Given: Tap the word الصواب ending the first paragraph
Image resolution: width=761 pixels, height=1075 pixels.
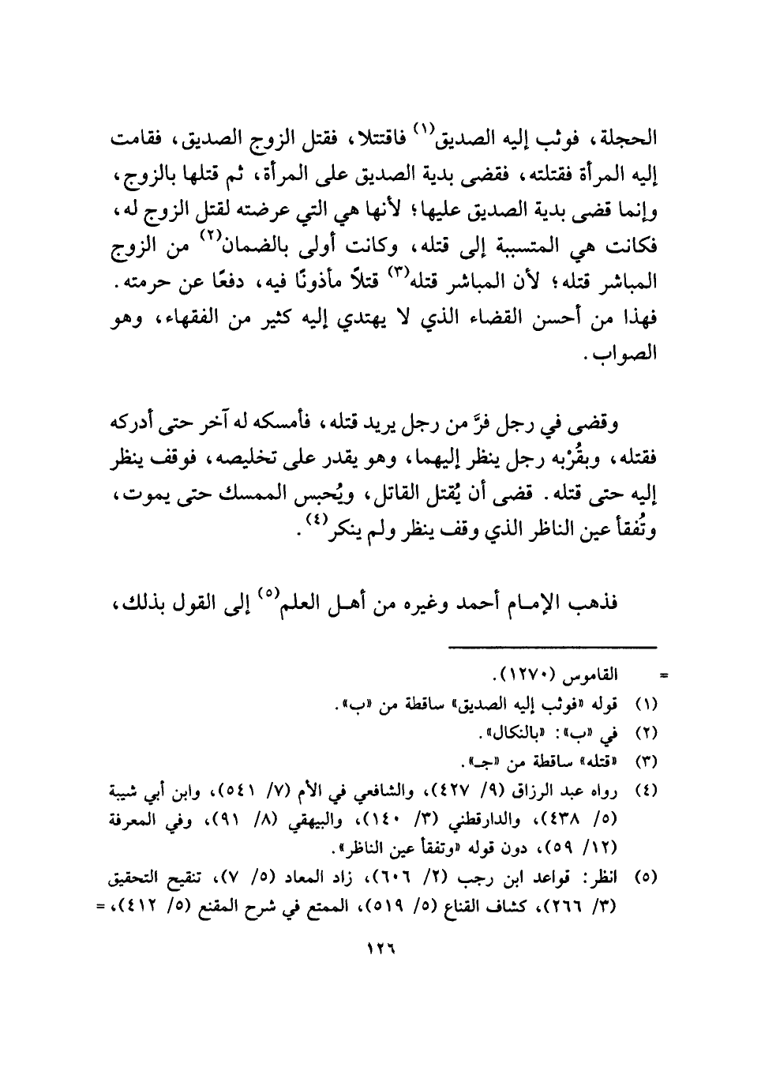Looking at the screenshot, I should tap(632, 353).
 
